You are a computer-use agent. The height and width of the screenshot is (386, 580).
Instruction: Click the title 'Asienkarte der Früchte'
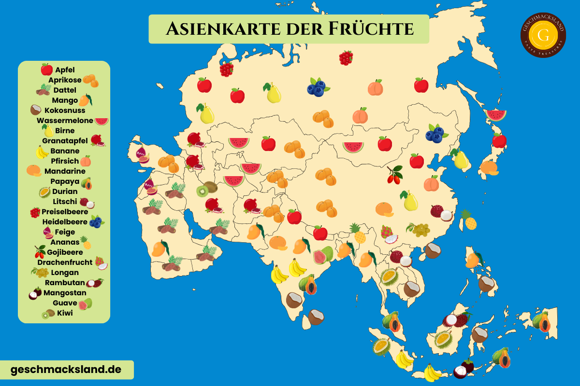pos(289,29)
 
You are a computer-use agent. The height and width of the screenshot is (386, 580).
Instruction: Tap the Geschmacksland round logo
pos(543,35)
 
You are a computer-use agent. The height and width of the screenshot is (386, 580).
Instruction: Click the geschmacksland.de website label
pos(66,370)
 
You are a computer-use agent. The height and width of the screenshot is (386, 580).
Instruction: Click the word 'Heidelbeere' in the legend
pos(65,222)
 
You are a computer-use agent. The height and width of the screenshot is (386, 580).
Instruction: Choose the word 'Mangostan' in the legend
pos(65,293)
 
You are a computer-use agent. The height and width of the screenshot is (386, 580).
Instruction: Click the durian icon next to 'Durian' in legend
pos(44,192)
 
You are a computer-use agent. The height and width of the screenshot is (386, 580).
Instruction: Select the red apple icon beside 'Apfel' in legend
pos(47,69)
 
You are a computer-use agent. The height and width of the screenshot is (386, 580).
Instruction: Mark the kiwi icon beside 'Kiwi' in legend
pos(48,314)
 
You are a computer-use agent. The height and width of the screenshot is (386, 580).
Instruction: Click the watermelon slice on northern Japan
pos(496,115)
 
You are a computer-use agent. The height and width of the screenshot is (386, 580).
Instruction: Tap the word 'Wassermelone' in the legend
pos(65,121)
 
